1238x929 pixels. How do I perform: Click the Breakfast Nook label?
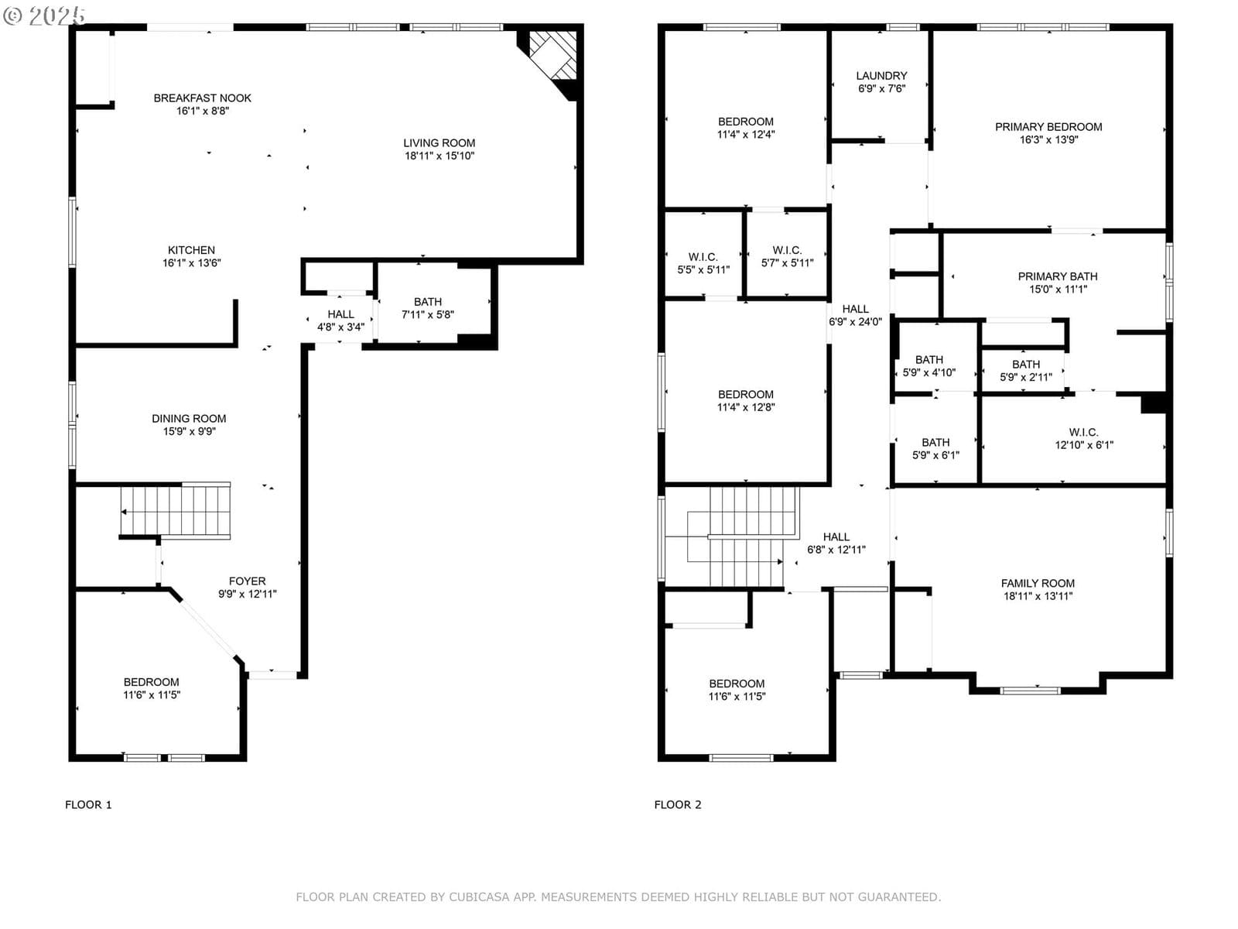click(x=202, y=98)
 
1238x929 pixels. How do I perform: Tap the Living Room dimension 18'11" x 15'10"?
click(x=439, y=156)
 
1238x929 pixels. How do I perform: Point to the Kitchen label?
click(x=191, y=250)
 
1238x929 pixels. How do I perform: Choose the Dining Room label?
click(x=189, y=419)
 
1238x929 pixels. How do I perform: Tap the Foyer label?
click(x=247, y=581)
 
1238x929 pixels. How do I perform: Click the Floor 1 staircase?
click(x=176, y=510)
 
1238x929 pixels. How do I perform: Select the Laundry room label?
click(x=881, y=76)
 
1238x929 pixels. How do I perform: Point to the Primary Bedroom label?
click(x=1048, y=127)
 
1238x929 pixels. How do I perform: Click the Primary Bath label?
click(x=1057, y=276)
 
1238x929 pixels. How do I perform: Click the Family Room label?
click(x=1038, y=583)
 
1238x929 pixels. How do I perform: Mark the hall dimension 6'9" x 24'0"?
click(x=855, y=322)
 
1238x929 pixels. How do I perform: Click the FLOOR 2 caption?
click(x=677, y=805)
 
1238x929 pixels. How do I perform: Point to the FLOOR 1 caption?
click(x=88, y=805)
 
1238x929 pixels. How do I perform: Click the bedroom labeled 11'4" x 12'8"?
click(x=745, y=400)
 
